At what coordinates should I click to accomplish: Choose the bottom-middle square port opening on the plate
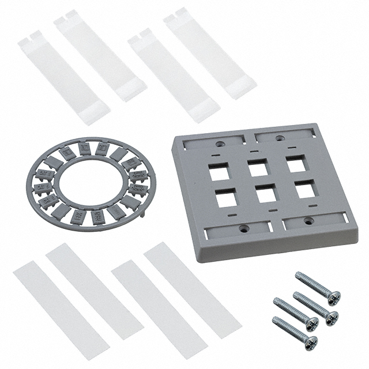(x=265, y=194)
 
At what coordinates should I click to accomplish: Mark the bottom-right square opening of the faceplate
(x=304, y=190)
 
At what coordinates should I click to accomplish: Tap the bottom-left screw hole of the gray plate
(x=243, y=229)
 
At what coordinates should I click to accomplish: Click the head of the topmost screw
(x=333, y=298)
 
